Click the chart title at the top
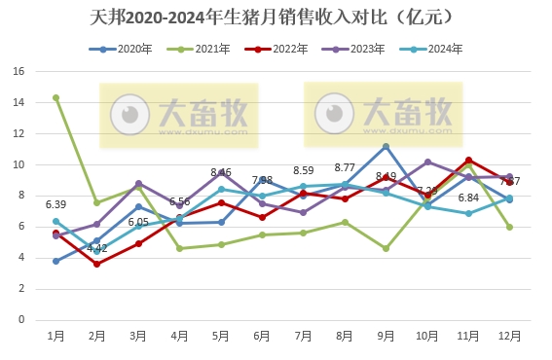276,18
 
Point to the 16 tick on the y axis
18,71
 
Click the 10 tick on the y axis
18,164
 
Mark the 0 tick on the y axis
21,319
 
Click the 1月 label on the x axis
56,335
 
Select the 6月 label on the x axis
262,335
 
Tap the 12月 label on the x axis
509,335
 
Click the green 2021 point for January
56,97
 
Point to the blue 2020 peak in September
386,146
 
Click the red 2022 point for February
97,264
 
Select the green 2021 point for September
386,248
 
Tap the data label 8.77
345,167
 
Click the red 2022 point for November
468,160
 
